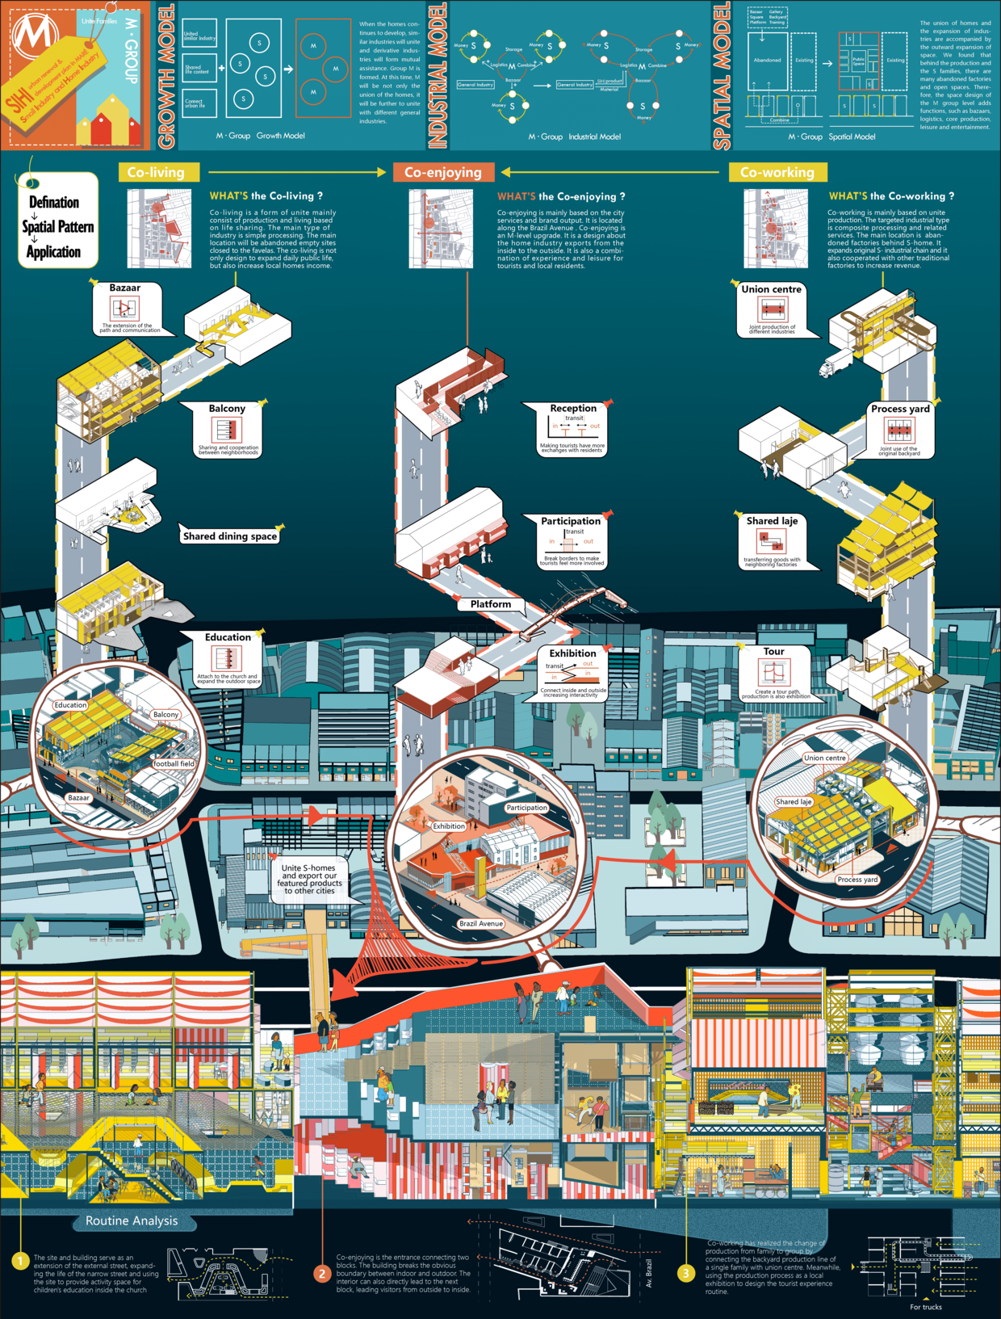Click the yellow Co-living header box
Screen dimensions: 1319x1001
[x=156, y=172]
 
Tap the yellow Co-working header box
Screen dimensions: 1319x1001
[x=777, y=172]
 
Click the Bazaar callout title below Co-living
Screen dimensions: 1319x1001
[x=125, y=288]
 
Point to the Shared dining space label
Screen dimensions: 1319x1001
[x=229, y=536]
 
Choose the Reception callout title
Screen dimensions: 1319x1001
[x=573, y=409]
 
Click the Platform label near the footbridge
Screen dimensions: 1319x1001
[x=491, y=604]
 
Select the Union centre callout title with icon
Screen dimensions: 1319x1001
[x=772, y=289]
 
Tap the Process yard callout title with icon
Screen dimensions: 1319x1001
[x=900, y=409]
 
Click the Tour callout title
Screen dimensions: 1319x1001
[x=773, y=652]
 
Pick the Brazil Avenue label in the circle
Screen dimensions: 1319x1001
[x=481, y=923]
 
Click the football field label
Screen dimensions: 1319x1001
[x=174, y=763]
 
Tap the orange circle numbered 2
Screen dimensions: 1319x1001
[x=321, y=1274]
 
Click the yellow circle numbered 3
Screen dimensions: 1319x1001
[x=685, y=1274]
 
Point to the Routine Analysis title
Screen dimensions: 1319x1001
[x=132, y=1220]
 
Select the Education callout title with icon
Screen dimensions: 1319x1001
[x=228, y=637]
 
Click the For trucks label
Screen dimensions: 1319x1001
[x=925, y=1307]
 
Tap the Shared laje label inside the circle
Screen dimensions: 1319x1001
[x=794, y=802]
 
